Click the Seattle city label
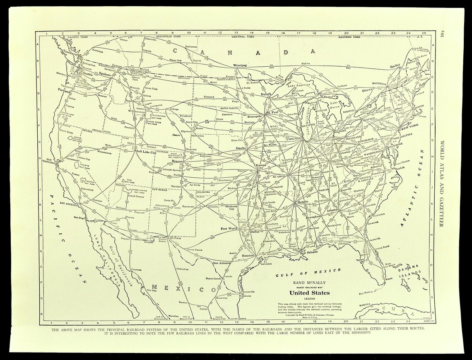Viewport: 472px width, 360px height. (x=87, y=74)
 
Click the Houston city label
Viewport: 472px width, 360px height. (x=248, y=256)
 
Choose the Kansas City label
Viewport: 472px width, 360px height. (x=261, y=166)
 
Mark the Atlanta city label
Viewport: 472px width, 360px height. (x=332, y=210)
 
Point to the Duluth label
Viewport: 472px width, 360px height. (x=265, y=94)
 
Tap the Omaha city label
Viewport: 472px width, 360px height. (x=241, y=148)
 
